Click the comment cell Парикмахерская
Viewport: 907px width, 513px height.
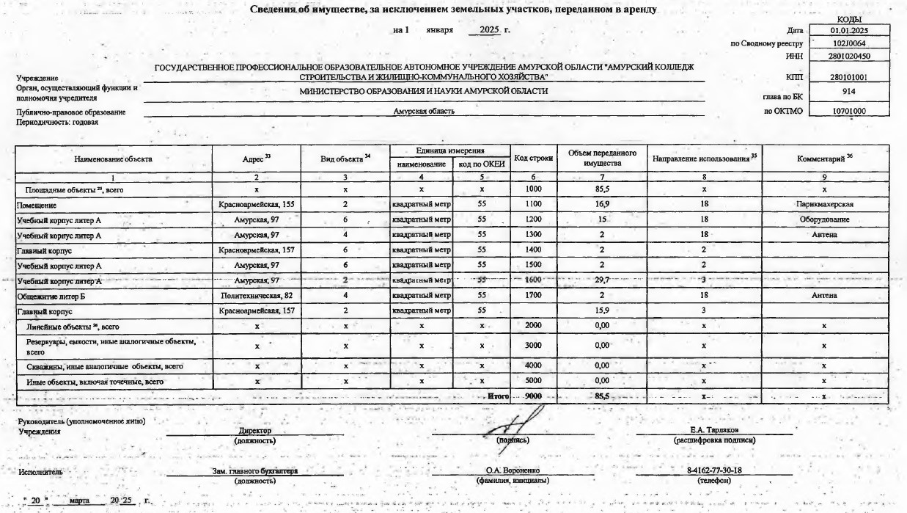coord(824,203)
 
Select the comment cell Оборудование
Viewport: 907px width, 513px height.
coord(824,219)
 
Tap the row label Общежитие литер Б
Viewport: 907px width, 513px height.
coord(48,295)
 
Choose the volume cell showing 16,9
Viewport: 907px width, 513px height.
coord(602,203)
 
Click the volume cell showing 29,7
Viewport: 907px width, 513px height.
coord(602,280)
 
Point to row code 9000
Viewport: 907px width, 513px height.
coord(533,396)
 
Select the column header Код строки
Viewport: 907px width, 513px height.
coord(533,158)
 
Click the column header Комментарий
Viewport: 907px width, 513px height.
coord(824,158)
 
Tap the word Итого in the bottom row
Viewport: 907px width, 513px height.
coord(499,396)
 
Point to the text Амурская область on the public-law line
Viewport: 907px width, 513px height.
coord(424,111)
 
